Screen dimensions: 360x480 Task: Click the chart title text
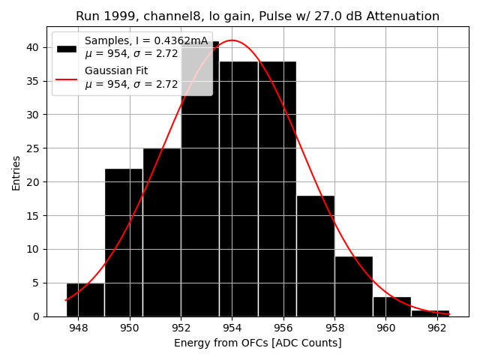(x=257, y=16)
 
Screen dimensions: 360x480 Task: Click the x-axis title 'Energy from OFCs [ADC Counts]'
(x=257, y=343)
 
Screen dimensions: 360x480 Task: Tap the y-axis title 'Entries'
(x=16, y=172)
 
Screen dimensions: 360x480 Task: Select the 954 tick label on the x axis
(x=232, y=327)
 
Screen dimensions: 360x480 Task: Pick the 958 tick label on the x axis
(x=334, y=327)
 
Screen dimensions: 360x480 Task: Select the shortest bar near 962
(x=430, y=313)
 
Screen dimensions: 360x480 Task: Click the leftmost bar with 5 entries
(x=85, y=300)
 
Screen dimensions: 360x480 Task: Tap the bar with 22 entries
(x=124, y=242)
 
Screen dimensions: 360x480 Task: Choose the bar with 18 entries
(x=315, y=256)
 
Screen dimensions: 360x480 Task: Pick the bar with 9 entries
(x=353, y=286)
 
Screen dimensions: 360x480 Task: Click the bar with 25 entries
(x=162, y=232)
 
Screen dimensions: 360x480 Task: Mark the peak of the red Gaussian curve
(x=232, y=40)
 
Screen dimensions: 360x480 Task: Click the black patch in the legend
(x=67, y=48)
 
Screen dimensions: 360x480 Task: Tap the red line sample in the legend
(x=67, y=78)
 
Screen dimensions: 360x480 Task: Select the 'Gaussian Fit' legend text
(x=116, y=70)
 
